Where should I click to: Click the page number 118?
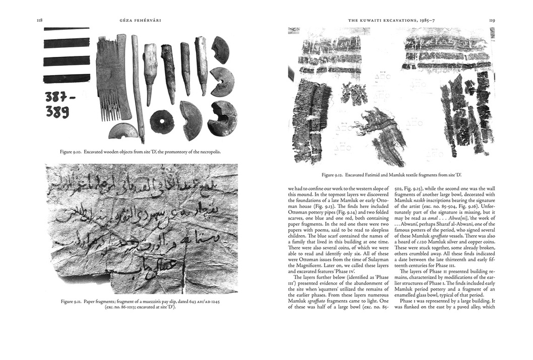click(39, 21)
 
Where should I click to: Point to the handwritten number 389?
click(57, 112)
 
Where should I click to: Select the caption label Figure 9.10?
click(70, 152)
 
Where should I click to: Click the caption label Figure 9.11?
click(71, 301)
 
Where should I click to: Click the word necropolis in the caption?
click(208, 152)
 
